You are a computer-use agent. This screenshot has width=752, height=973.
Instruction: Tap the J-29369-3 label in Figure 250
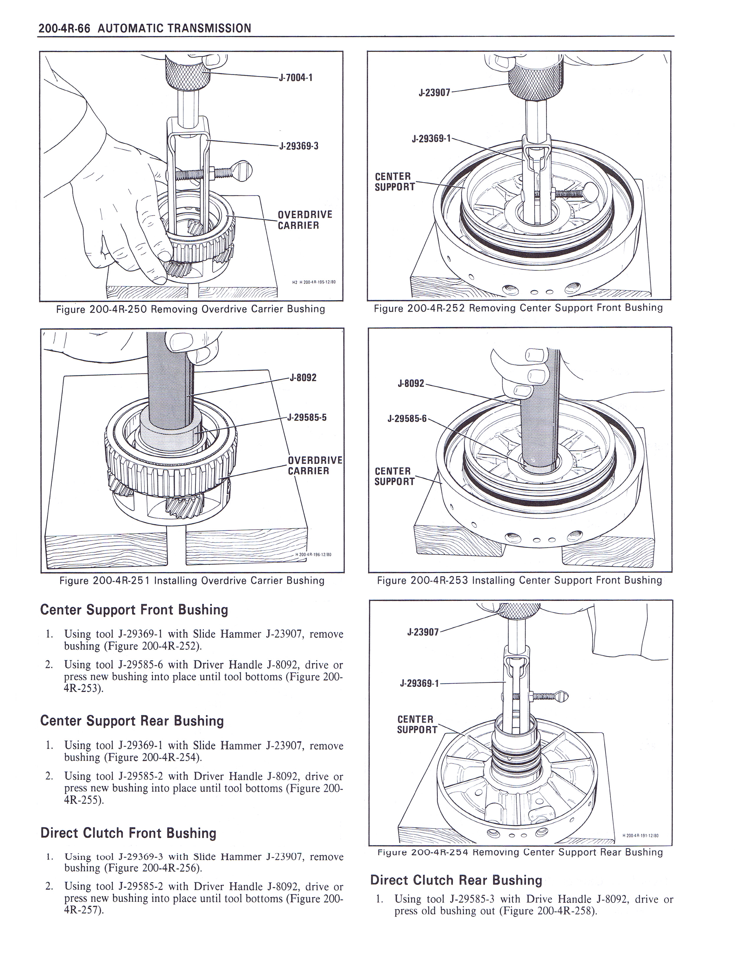[298, 146]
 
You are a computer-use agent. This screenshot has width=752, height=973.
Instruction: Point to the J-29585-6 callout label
[407, 418]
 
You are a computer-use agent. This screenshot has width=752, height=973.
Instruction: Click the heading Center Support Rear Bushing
[132, 721]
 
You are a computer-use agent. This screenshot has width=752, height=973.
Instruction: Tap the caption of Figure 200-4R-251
[192, 581]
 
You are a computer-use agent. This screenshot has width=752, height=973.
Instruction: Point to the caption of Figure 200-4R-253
[519, 580]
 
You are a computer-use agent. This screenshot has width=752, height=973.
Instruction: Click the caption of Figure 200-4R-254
[520, 852]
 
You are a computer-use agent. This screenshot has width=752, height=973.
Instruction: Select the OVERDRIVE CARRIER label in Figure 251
[315, 466]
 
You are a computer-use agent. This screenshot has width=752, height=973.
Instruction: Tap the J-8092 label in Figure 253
[411, 383]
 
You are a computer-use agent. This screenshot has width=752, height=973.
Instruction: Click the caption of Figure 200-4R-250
[190, 309]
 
